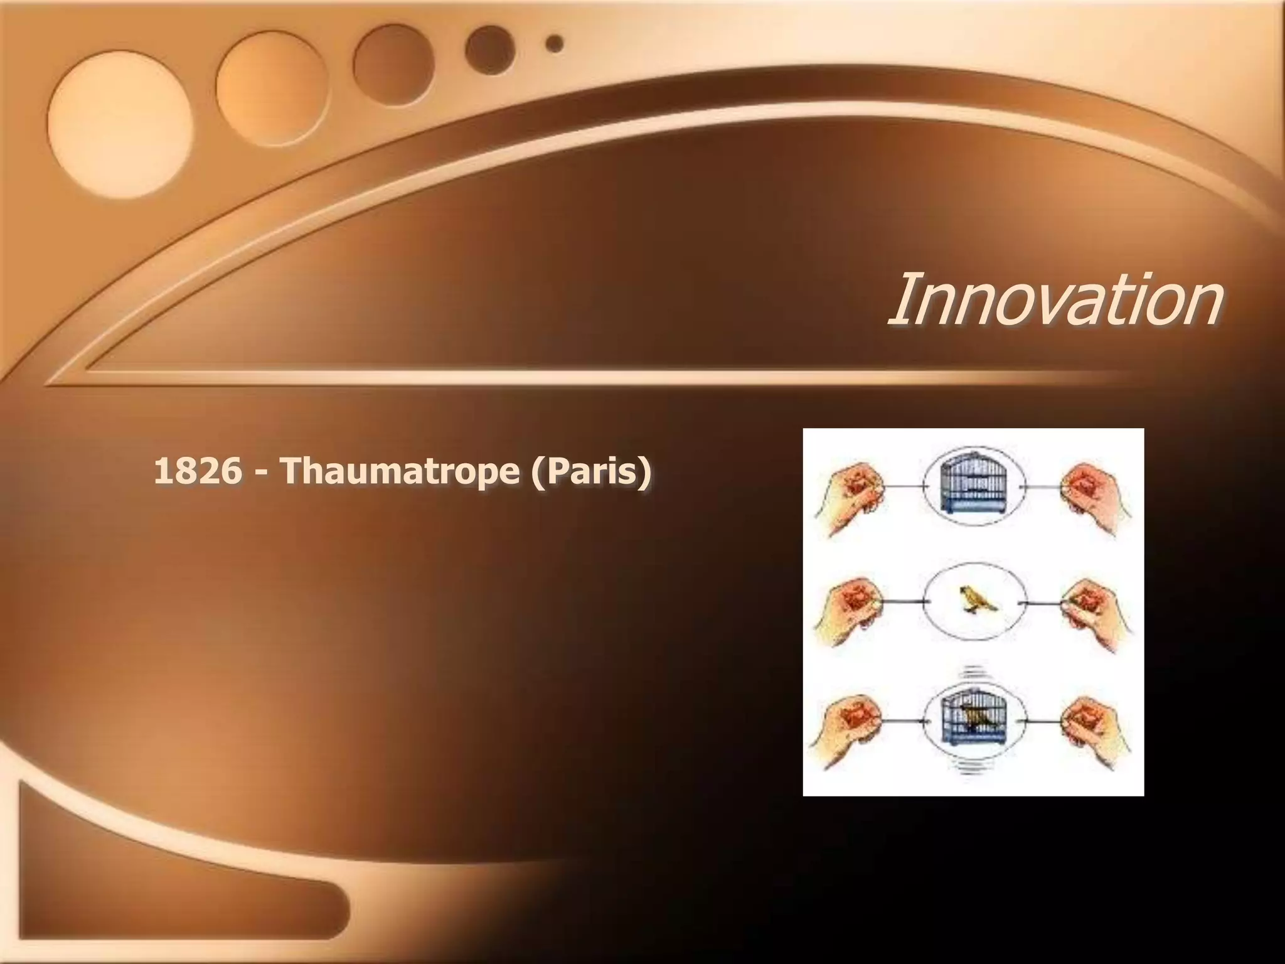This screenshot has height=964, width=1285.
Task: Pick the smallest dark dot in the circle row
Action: point(555,43)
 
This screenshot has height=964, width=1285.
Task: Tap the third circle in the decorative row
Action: point(393,64)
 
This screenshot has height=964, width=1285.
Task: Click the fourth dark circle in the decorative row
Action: point(490,50)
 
